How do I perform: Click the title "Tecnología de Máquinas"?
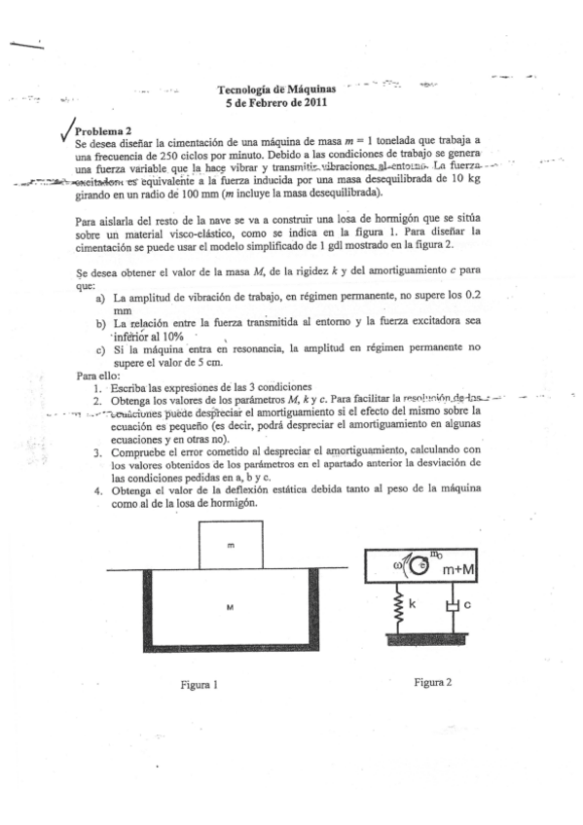pyautogui.click(x=276, y=89)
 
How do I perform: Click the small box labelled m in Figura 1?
pyautogui.click(x=230, y=546)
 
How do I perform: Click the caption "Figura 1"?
pyautogui.click(x=199, y=684)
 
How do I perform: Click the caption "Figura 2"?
pyautogui.click(x=432, y=682)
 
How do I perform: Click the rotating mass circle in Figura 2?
pyautogui.click(x=419, y=565)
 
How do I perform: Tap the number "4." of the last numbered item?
pyautogui.click(x=98, y=489)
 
